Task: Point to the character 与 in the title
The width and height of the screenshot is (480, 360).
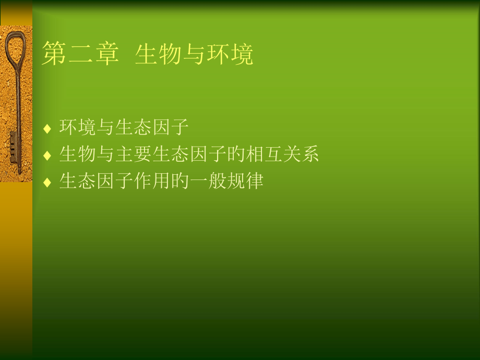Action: coord(194,55)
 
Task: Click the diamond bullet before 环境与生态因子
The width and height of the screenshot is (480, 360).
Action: coord(47,128)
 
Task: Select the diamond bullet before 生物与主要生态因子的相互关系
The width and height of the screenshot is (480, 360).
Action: coord(47,155)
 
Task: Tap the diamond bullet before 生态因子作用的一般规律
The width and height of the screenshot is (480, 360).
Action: coord(47,183)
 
